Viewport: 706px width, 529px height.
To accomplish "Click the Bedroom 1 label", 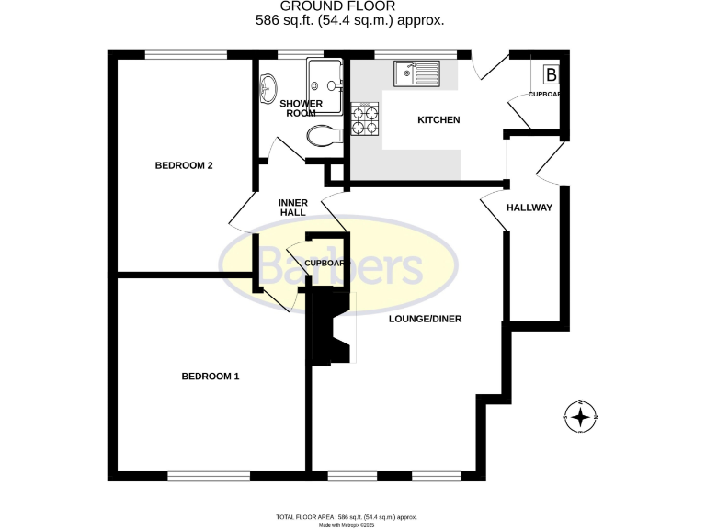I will point(210,376).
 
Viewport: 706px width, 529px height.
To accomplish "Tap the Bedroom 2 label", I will point(184,165).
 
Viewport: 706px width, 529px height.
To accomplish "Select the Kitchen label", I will point(438,120).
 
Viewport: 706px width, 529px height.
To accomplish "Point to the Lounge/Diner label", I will point(424,320).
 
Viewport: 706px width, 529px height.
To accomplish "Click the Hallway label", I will point(529,208).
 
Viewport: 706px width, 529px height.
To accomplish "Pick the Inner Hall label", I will point(292,208).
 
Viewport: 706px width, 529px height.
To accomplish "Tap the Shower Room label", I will point(302,108).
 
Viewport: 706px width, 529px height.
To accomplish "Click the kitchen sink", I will point(417,73).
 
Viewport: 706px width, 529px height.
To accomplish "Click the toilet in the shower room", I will point(323,137).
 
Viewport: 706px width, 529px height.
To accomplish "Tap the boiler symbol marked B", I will point(552,74).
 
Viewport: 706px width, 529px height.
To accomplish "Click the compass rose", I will point(580,418).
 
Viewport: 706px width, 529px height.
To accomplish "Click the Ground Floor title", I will point(352,7).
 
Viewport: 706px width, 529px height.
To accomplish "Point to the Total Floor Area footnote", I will point(352,517).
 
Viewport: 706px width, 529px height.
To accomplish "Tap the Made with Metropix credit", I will point(352,525).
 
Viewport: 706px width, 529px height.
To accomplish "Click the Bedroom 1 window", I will point(209,476).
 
